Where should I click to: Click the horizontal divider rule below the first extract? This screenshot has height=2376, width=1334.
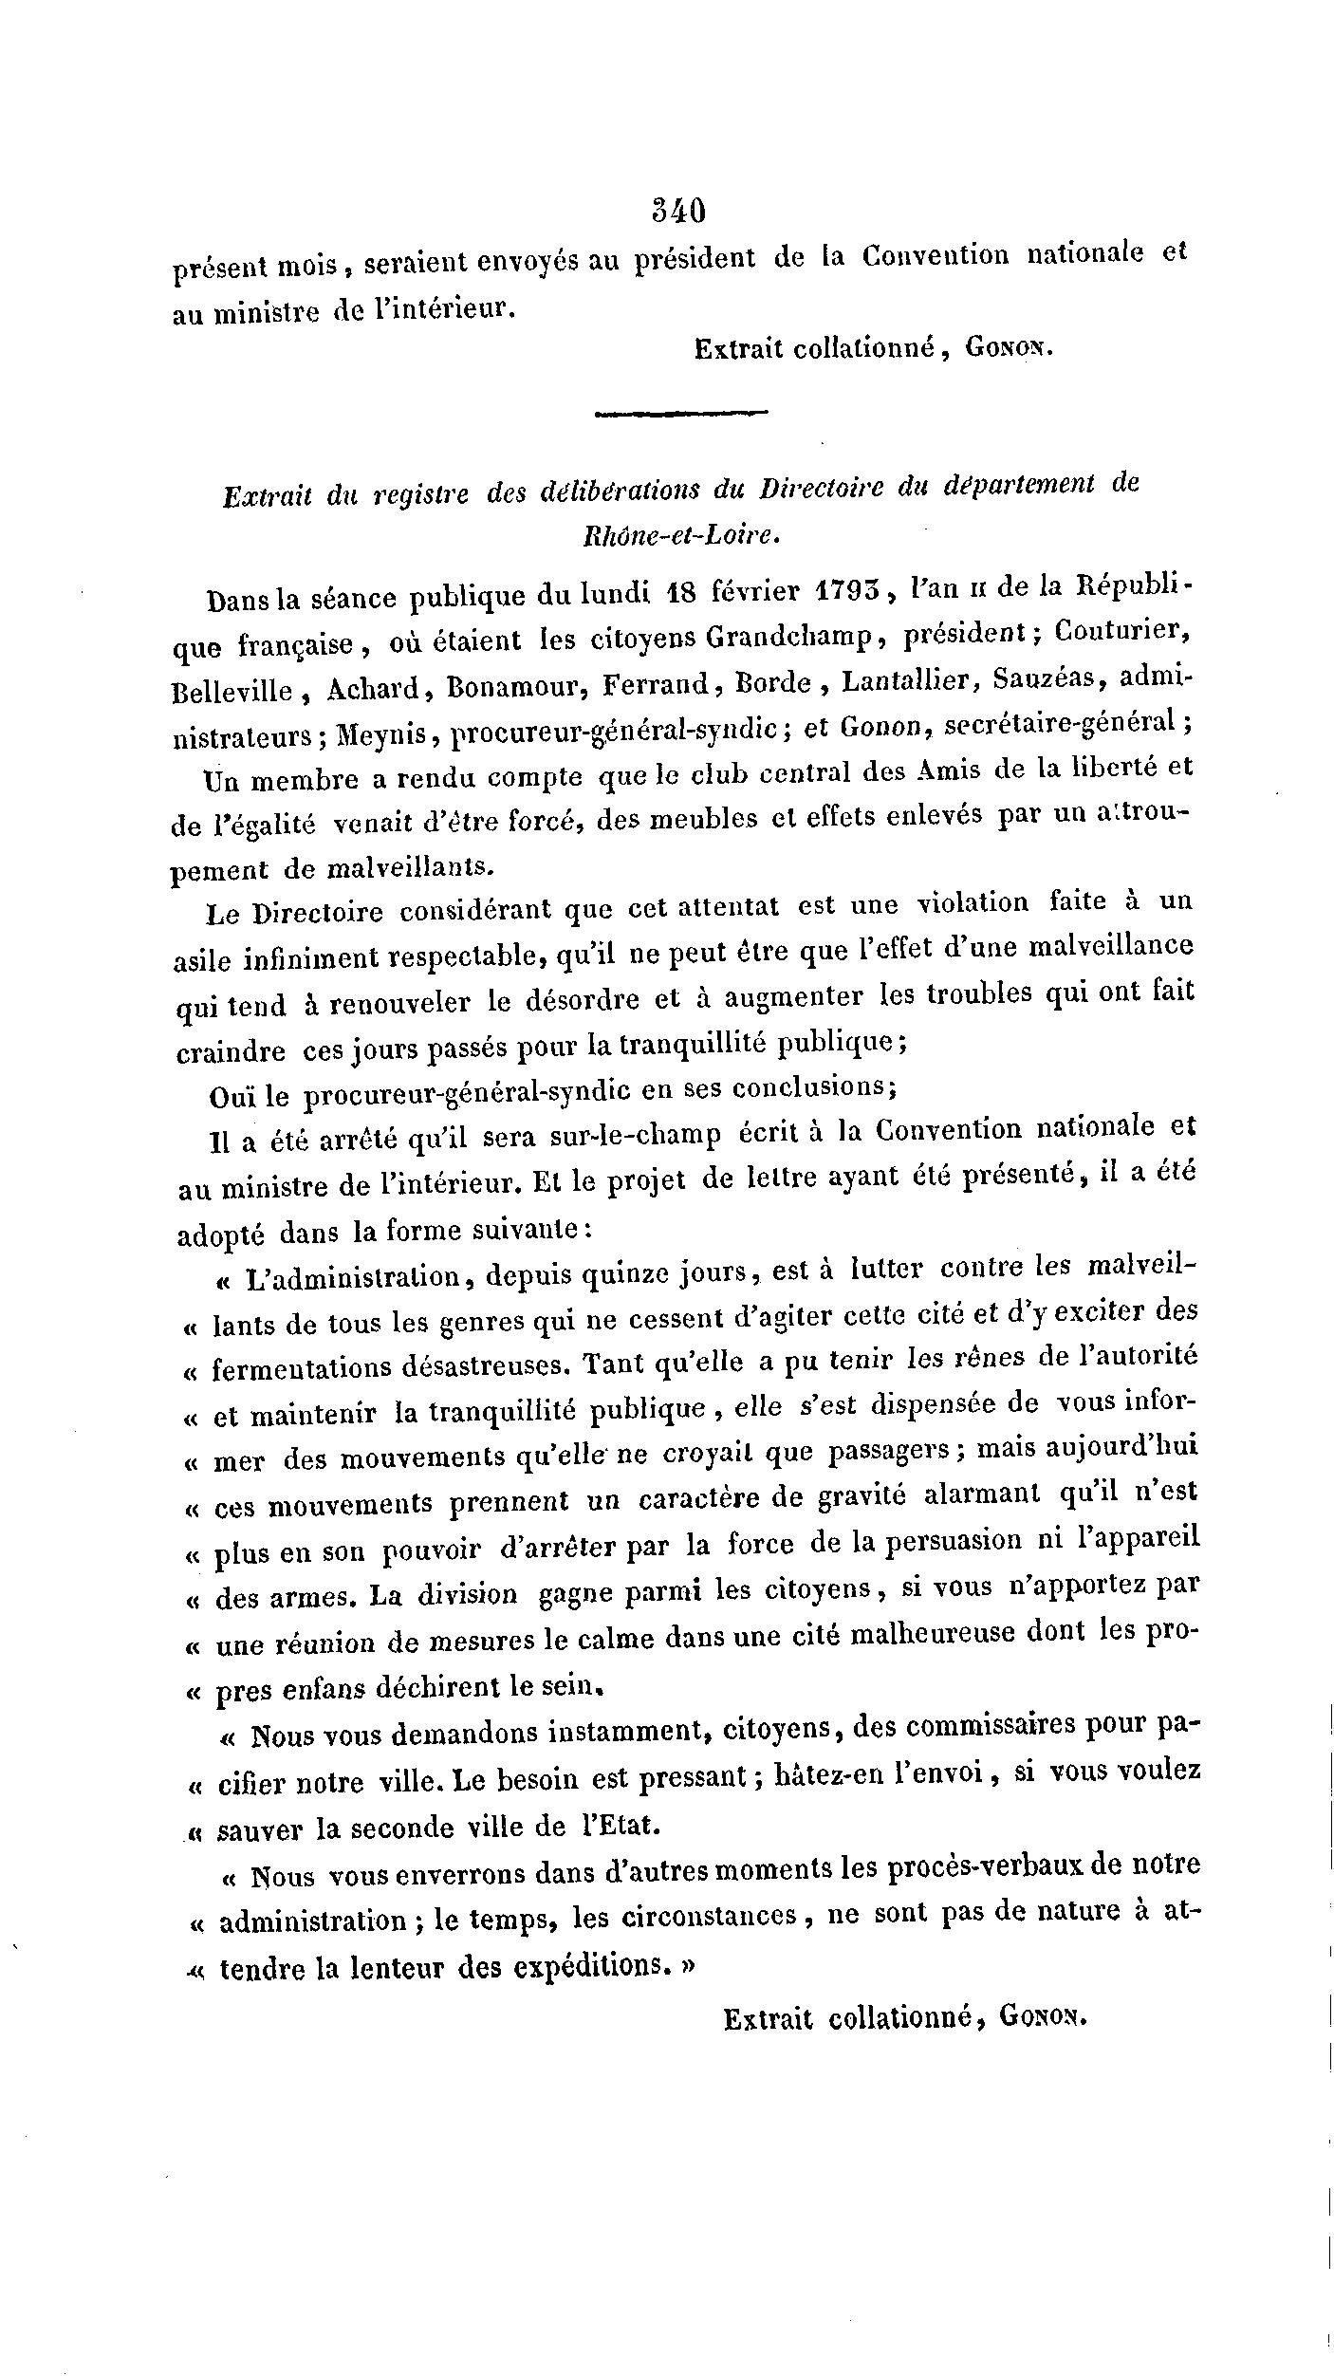pos(680,413)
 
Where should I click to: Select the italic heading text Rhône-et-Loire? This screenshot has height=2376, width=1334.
pos(680,535)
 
